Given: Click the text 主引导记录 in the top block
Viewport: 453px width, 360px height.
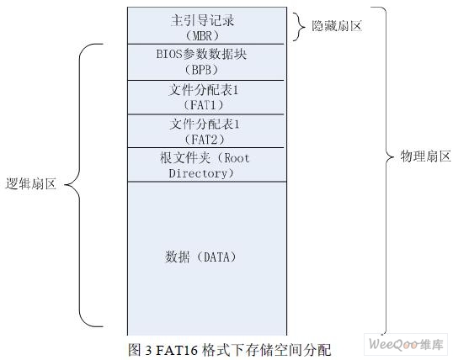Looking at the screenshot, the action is point(202,20).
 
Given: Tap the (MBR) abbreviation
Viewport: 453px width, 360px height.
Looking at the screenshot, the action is point(202,36).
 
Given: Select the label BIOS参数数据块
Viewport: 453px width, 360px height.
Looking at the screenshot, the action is point(201,54).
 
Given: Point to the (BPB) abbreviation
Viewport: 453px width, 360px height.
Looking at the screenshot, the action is point(201,70).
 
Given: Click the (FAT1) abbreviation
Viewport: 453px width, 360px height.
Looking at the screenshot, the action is point(204,105).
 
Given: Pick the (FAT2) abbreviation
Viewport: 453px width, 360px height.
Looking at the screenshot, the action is point(205,140).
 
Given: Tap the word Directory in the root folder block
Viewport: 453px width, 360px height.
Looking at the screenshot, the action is point(198,173).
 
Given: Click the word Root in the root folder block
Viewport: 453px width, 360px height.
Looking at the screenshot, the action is point(237,158).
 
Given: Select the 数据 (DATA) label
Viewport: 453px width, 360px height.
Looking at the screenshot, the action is point(200,257).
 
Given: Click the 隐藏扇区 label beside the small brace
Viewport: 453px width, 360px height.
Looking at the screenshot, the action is point(337,26).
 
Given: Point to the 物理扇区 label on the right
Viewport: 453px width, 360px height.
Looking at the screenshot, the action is point(425,156).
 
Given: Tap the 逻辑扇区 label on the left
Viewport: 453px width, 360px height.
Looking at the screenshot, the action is point(30,183).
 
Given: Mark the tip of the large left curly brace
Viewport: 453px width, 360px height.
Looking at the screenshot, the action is point(65,185).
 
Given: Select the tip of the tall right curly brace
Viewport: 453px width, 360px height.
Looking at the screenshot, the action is point(393,157).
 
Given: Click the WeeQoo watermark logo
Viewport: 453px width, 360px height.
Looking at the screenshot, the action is point(406,344).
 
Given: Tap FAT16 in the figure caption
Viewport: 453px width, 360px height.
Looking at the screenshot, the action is point(177,350).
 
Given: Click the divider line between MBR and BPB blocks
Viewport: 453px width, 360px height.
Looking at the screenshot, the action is point(205,45).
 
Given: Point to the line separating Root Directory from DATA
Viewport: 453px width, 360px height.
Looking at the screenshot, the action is point(207,182).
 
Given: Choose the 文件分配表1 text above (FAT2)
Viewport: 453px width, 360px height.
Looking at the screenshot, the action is point(205,124).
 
